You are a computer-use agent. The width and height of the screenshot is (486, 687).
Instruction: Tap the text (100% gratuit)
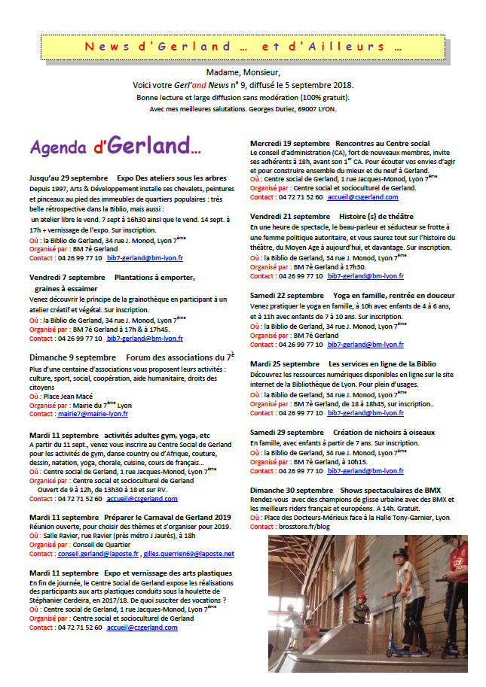click(x=321, y=97)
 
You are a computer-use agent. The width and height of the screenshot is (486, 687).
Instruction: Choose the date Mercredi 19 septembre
click(x=289, y=143)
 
